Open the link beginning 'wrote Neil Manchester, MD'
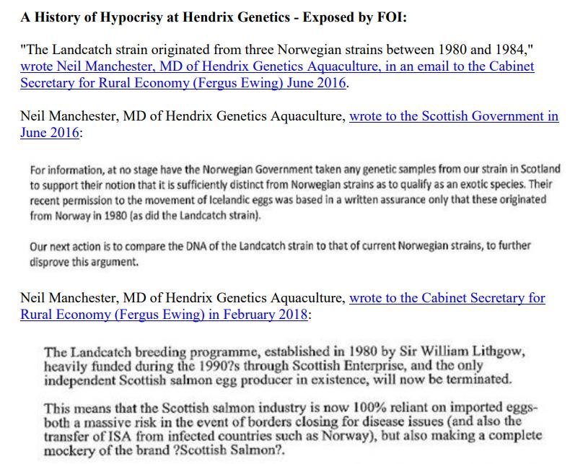click(277, 66)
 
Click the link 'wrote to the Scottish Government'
click(453, 116)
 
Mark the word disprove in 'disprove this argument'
click(51, 261)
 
